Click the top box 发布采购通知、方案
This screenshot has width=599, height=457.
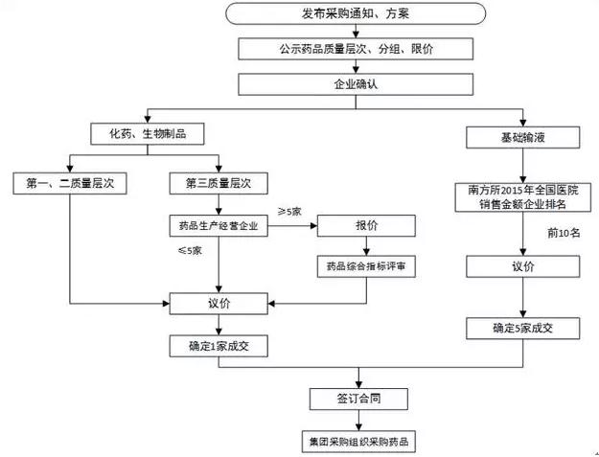tap(356, 13)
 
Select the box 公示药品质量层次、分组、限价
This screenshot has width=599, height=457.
tap(356, 49)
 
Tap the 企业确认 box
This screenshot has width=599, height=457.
tap(356, 84)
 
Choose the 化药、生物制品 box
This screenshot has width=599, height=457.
tap(148, 133)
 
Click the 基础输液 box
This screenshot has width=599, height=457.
tap(523, 137)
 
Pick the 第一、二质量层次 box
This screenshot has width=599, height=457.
tap(70, 183)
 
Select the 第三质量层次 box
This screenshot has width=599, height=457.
tap(219, 183)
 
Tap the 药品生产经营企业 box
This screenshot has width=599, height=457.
tap(219, 226)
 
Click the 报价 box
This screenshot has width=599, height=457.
tap(366, 226)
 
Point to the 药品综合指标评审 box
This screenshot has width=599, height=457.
tap(366, 266)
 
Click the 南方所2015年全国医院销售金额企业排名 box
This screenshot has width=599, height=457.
tap(523, 197)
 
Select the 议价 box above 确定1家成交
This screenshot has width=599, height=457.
tap(219, 304)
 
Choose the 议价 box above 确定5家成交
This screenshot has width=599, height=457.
tap(523, 266)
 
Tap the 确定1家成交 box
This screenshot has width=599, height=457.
tap(219, 346)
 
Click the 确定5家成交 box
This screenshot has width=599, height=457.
tap(523, 329)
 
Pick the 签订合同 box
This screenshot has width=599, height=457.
tap(358, 399)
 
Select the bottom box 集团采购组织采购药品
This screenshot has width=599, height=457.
tap(358, 442)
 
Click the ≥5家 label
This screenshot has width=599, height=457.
tap(289, 212)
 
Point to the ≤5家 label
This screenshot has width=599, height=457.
tap(190, 251)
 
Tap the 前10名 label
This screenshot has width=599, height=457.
tap(564, 233)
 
